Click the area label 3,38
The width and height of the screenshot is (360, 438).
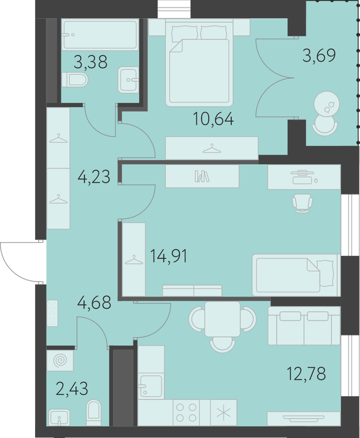[90, 62]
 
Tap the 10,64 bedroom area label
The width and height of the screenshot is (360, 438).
[213, 119]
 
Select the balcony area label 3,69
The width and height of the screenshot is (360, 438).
[319, 55]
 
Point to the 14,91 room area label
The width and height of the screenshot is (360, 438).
[168, 256]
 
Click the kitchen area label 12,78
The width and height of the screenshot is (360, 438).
[306, 374]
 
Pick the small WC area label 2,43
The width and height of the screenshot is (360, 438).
[72, 389]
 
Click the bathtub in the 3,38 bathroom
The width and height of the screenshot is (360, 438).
[100, 34]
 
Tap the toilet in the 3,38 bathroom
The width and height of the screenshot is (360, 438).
[75, 80]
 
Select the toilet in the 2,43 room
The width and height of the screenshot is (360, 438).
[94, 413]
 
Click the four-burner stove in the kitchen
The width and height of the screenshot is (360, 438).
[186, 412]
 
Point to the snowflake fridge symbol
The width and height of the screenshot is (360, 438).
[224, 413]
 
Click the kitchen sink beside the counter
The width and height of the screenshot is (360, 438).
[151, 386]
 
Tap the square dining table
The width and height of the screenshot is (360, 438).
[222, 319]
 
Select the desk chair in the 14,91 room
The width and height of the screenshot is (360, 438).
[302, 203]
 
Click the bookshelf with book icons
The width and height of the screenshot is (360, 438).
[202, 176]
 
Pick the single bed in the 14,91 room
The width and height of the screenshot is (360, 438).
[296, 275]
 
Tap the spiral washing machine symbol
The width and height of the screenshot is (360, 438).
[60, 360]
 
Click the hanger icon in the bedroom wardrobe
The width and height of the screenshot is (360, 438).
[212, 148]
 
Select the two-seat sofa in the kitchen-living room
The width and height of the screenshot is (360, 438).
[304, 326]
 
